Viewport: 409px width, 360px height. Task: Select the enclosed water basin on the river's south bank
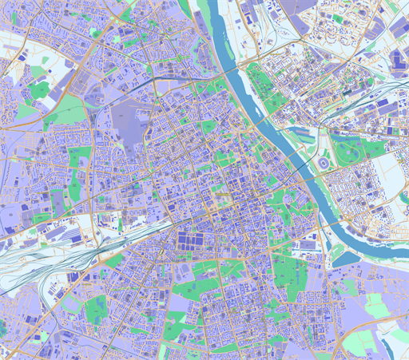(x=345, y=258)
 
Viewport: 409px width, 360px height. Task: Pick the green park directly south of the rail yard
(x=96, y=307)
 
